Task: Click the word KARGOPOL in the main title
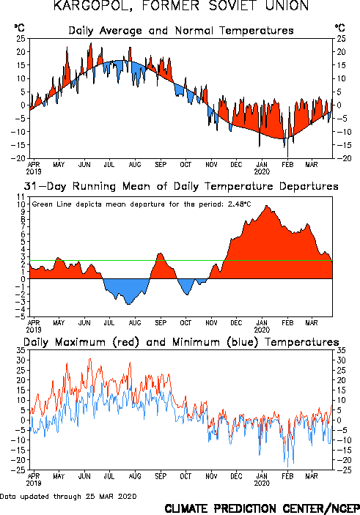pyautogui.click(x=93, y=6)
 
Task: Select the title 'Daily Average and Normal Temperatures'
pyautogui.click(x=181, y=31)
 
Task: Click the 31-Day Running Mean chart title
pyautogui.click(x=181, y=186)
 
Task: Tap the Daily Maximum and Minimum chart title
pyautogui.click(x=181, y=342)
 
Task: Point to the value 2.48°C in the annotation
pyautogui.click(x=239, y=204)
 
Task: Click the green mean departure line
pyautogui.click(x=181, y=261)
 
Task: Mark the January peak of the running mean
pyautogui.click(x=267, y=206)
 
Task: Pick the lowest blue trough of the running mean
pyautogui.click(x=128, y=304)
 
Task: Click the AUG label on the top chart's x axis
pyautogui.click(x=134, y=164)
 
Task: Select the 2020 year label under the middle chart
pyautogui.click(x=262, y=330)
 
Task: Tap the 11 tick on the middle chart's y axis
pyautogui.click(x=21, y=197)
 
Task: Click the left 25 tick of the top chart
pyautogui.click(x=21, y=38)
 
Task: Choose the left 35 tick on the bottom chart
pyautogui.click(x=21, y=350)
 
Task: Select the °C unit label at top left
pyautogui.click(x=19, y=28)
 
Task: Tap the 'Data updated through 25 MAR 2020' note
pyautogui.click(x=68, y=496)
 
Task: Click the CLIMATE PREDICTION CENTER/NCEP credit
pyautogui.click(x=262, y=508)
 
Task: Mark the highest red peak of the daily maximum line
pyautogui.click(x=90, y=359)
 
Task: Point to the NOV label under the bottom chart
pyautogui.click(x=211, y=476)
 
